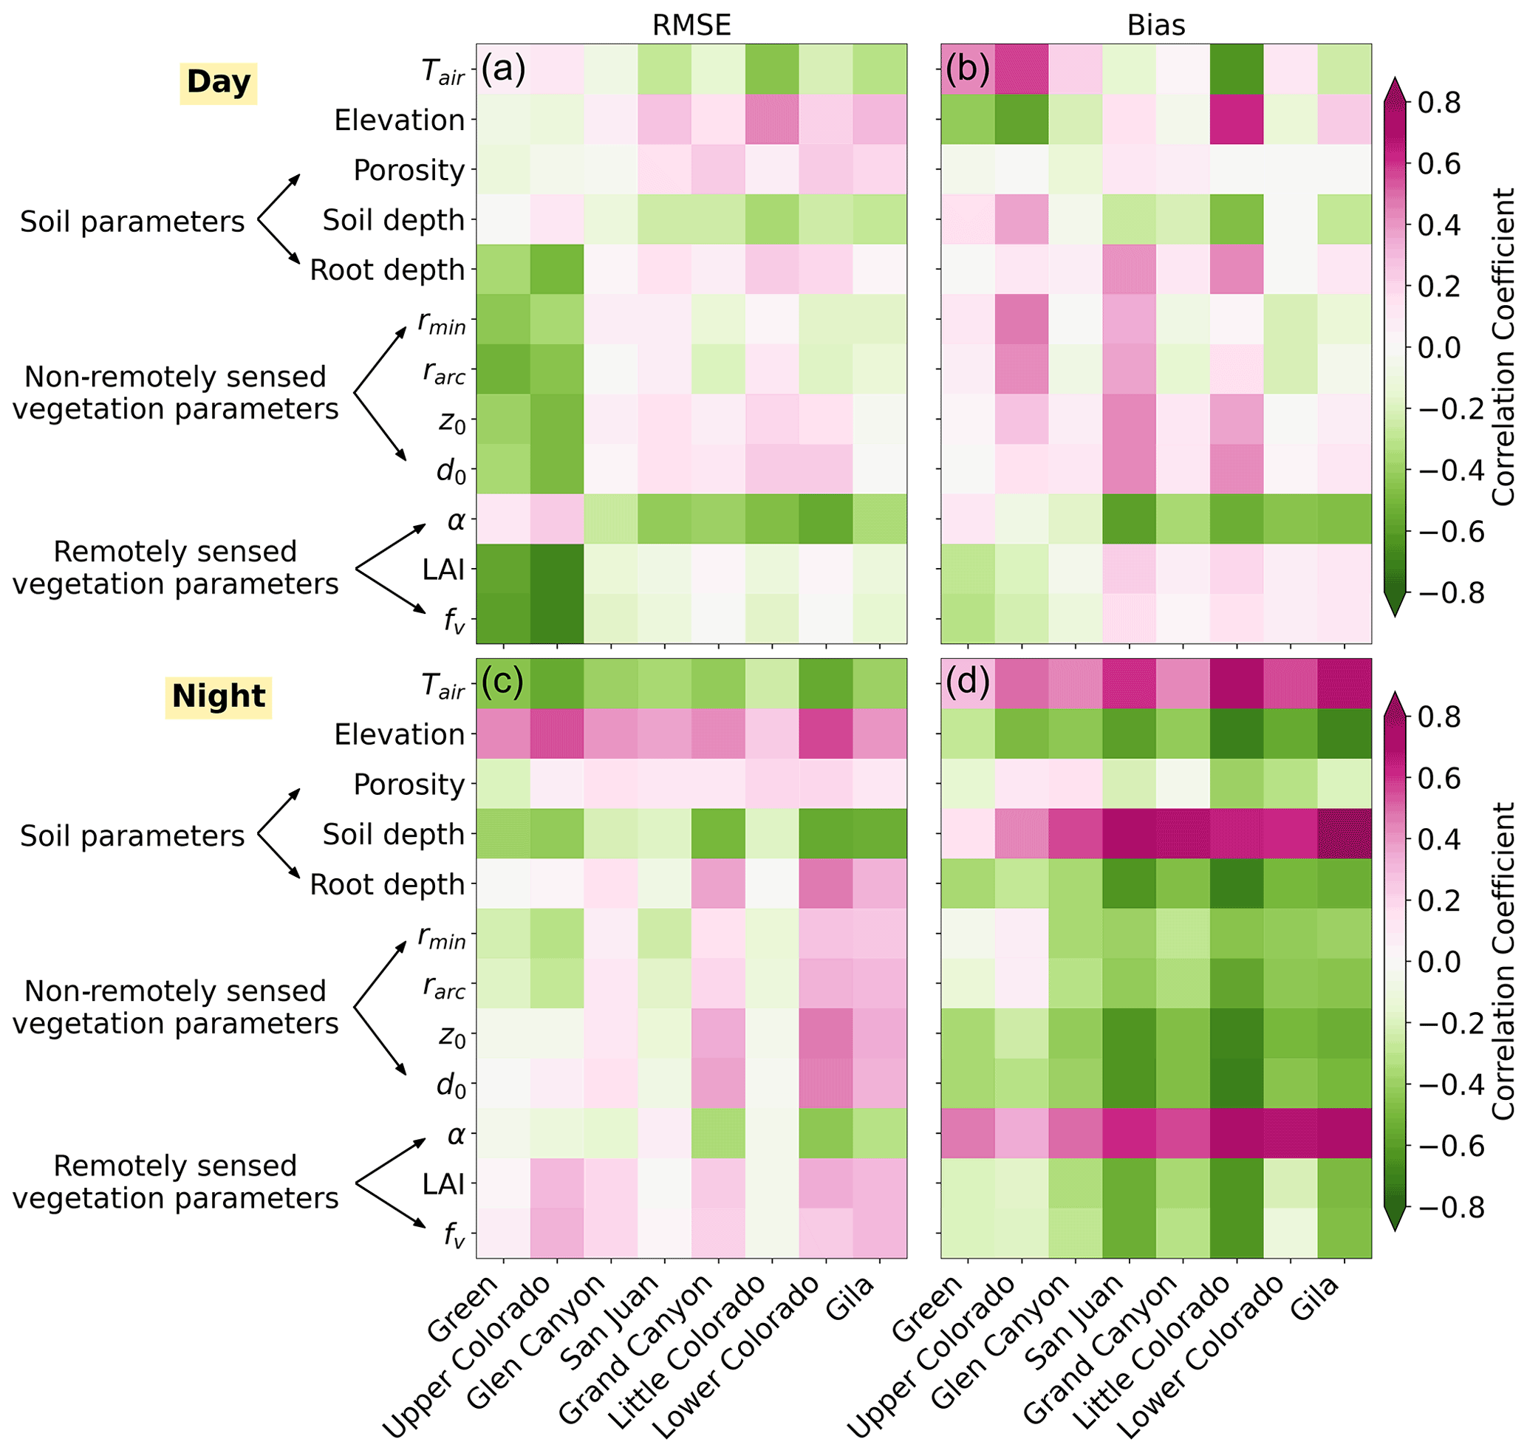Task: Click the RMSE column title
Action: coord(691,26)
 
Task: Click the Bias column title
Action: coord(1155,26)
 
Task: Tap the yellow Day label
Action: coord(219,82)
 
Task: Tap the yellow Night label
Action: coord(219,697)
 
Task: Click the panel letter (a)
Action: coord(503,69)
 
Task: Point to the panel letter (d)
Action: coord(967,683)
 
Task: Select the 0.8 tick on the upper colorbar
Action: coord(1438,102)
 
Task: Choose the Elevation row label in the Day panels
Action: coord(399,120)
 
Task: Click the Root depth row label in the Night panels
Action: coord(386,884)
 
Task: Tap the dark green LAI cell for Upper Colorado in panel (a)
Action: coord(557,570)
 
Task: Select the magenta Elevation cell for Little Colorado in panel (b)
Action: coord(1237,120)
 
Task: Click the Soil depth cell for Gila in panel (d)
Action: coord(1345,834)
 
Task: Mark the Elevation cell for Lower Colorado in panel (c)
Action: coord(826,734)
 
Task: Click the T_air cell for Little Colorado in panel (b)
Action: coord(1237,69)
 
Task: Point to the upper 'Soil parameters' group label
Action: coord(131,222)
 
